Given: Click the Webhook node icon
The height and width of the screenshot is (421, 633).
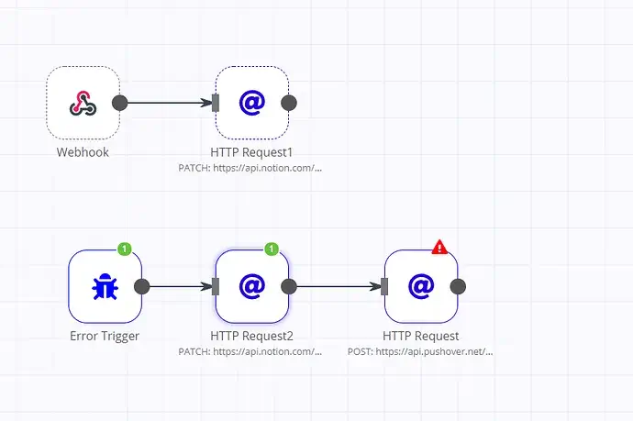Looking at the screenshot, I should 83,103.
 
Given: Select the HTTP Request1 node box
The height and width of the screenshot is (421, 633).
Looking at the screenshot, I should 251,103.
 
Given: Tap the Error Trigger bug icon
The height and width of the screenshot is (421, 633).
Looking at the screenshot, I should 105,286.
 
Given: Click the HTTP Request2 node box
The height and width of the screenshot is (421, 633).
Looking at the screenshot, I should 251,286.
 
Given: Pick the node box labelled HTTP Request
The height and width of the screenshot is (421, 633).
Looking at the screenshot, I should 420,286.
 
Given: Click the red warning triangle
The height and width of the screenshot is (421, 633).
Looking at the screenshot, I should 439,247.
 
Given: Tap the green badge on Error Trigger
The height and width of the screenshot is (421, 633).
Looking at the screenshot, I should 125,249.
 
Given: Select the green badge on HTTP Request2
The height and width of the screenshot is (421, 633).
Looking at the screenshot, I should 272,249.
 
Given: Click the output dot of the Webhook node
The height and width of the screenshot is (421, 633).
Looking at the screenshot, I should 119,103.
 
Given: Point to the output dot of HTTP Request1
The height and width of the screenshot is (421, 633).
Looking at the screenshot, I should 289,103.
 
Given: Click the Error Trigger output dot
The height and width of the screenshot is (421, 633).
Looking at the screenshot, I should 141,286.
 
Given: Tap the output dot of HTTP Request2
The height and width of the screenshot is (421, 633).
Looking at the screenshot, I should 289,286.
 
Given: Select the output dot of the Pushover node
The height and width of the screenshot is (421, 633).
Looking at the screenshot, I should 458,286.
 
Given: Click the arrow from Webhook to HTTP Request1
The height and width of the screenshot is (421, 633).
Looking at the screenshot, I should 170,103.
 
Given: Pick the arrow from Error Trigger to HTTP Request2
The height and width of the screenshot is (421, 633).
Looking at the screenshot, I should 179,286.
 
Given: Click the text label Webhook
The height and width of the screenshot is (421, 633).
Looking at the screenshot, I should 83,152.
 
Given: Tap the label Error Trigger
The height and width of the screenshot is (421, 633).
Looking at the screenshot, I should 105,336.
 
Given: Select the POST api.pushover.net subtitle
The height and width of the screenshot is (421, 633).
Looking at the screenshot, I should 420,351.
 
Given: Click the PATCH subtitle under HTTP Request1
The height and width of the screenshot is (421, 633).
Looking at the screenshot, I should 251,168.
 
